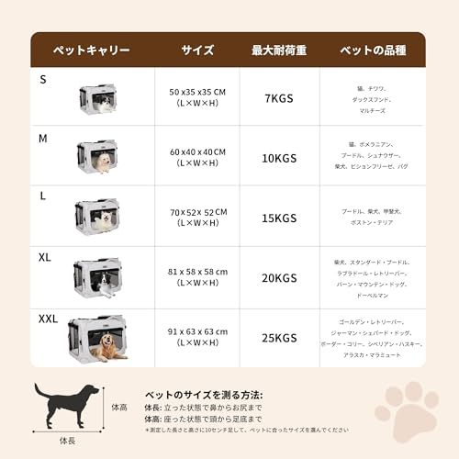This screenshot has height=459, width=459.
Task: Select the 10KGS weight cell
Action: point(278,158)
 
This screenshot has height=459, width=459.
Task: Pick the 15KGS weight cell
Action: point(278,218)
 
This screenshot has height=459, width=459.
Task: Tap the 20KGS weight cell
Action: point(278,277)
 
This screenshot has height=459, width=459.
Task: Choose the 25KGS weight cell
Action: point(278,337)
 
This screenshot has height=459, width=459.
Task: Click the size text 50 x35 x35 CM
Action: point(197,93)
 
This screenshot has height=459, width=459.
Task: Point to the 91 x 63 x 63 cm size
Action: point(197,332)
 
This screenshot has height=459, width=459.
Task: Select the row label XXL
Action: point(48,319)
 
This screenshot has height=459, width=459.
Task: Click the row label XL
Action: point(44,258)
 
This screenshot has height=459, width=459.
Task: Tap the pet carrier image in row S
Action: point(96,99)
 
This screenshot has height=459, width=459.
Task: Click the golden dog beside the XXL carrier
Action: point(112,346)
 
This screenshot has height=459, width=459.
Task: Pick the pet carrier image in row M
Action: point(96,157)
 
